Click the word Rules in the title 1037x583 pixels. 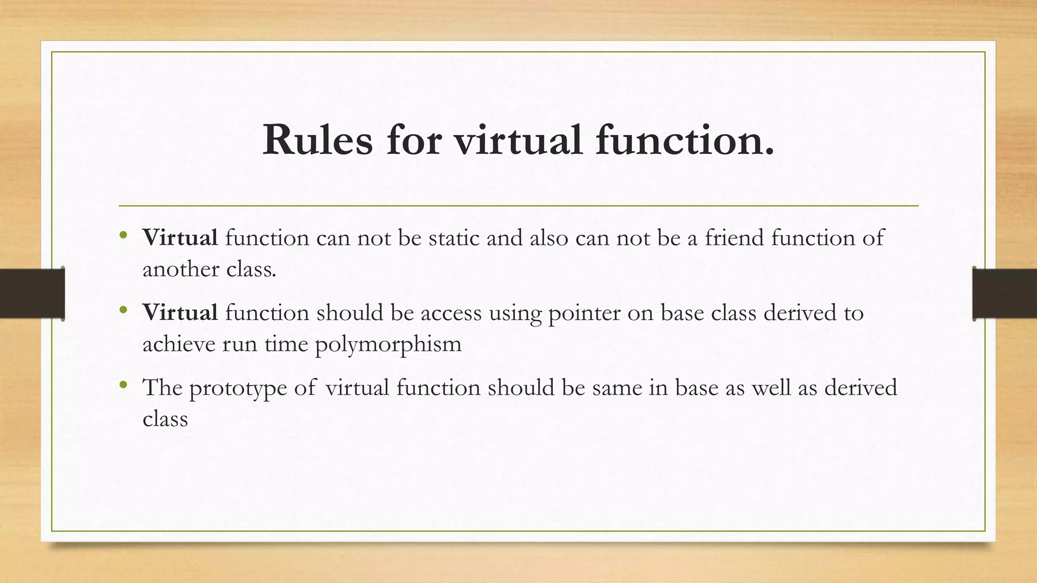[317, 140]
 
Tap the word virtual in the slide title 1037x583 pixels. [517, 140]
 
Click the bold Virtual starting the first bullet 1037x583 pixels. [180, 237]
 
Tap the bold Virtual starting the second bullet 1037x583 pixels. [180, 312]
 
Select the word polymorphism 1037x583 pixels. [388, 345]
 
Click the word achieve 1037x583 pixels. [179, 344]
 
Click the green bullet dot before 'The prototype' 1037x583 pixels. [123, 386]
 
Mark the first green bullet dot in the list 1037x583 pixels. [123, 235]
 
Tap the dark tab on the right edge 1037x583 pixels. [1005, 293]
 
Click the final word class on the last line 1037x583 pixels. [165, 419]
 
